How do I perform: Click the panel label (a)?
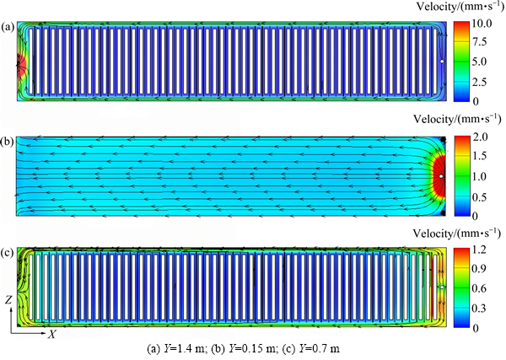8,28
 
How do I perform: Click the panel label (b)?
8,142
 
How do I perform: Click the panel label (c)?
8,253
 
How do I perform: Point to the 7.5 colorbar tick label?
479,42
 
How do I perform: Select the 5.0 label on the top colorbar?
479,62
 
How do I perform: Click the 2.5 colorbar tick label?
479,82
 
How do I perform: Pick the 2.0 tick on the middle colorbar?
479,137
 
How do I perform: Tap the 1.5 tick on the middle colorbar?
479,156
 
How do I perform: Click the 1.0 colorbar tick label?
479,176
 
